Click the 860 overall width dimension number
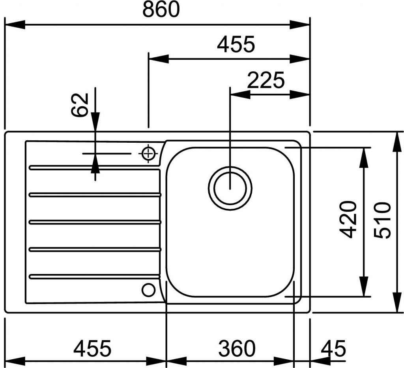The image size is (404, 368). coord(161,10)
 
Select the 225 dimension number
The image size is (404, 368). coord(266,81)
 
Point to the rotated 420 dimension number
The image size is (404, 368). coord(348,220)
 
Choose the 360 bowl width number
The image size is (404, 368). coord(237,348)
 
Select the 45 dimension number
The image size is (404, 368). coord(333,348)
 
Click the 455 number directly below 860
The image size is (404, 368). coord(236,45)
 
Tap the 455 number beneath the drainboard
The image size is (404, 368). coord(93,348)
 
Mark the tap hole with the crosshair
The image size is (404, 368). coord(148,153)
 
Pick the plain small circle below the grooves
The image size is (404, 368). coord(148,290)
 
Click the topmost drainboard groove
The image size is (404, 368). coord(95,168)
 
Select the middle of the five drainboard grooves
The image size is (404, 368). coord(95,222)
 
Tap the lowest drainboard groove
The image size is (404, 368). coord(95,276)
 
